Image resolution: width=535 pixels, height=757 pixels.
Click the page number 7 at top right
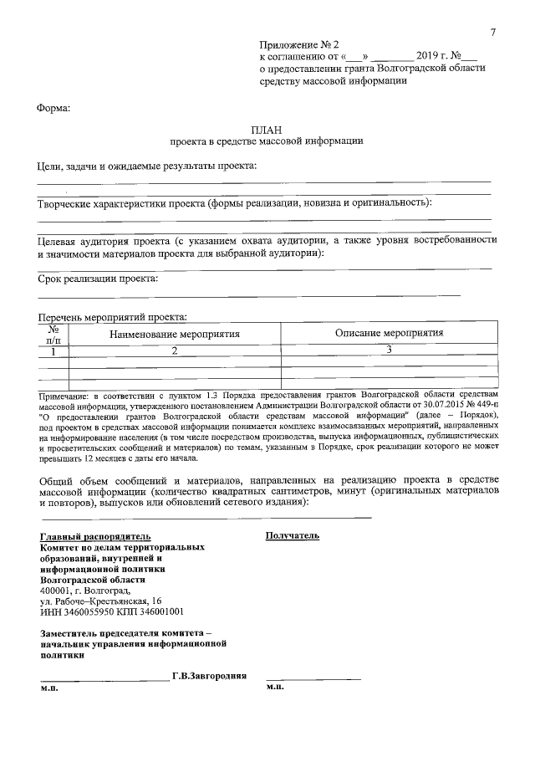[493, 32]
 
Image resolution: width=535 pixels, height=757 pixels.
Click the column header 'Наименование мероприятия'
[175, 334]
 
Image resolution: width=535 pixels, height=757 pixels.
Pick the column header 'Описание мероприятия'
[389, 333]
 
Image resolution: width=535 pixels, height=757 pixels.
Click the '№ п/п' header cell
[53, 335]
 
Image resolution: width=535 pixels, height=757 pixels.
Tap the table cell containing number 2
[175, 351]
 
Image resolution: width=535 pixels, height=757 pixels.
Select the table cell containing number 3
[389, 350]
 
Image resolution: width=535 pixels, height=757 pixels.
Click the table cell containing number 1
[53, 351]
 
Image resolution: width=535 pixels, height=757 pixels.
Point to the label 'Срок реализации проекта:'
[98, 279]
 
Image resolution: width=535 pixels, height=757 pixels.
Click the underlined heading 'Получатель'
[293, 535]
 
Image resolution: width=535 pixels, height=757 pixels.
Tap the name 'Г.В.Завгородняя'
[209, 676]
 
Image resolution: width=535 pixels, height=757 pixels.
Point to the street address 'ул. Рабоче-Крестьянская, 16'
[101, 601]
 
